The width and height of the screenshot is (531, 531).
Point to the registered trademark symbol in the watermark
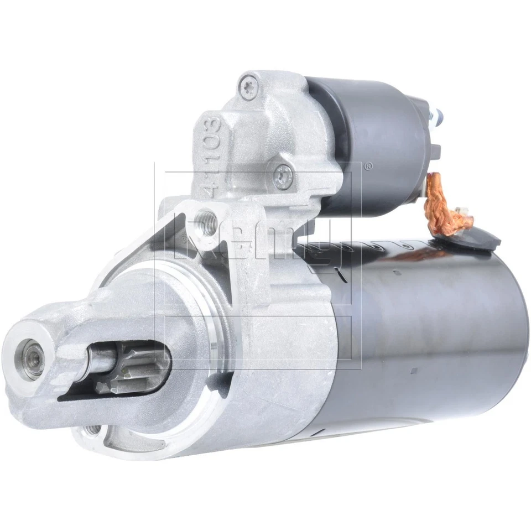coord(367,164)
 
